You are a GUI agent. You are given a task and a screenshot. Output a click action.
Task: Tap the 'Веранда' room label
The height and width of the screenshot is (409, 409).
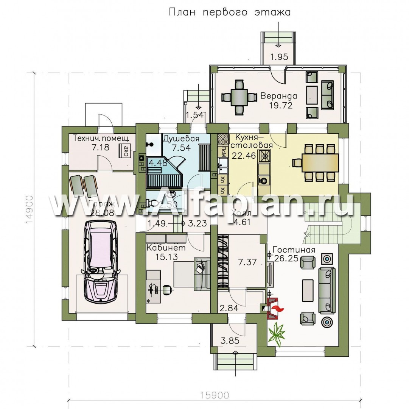(x=279, y=96)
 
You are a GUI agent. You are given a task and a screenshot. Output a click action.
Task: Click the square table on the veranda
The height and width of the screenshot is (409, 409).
(x=239, y=96)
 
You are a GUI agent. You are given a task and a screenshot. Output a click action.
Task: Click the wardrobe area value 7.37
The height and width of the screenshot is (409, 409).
(x=247, y=262)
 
